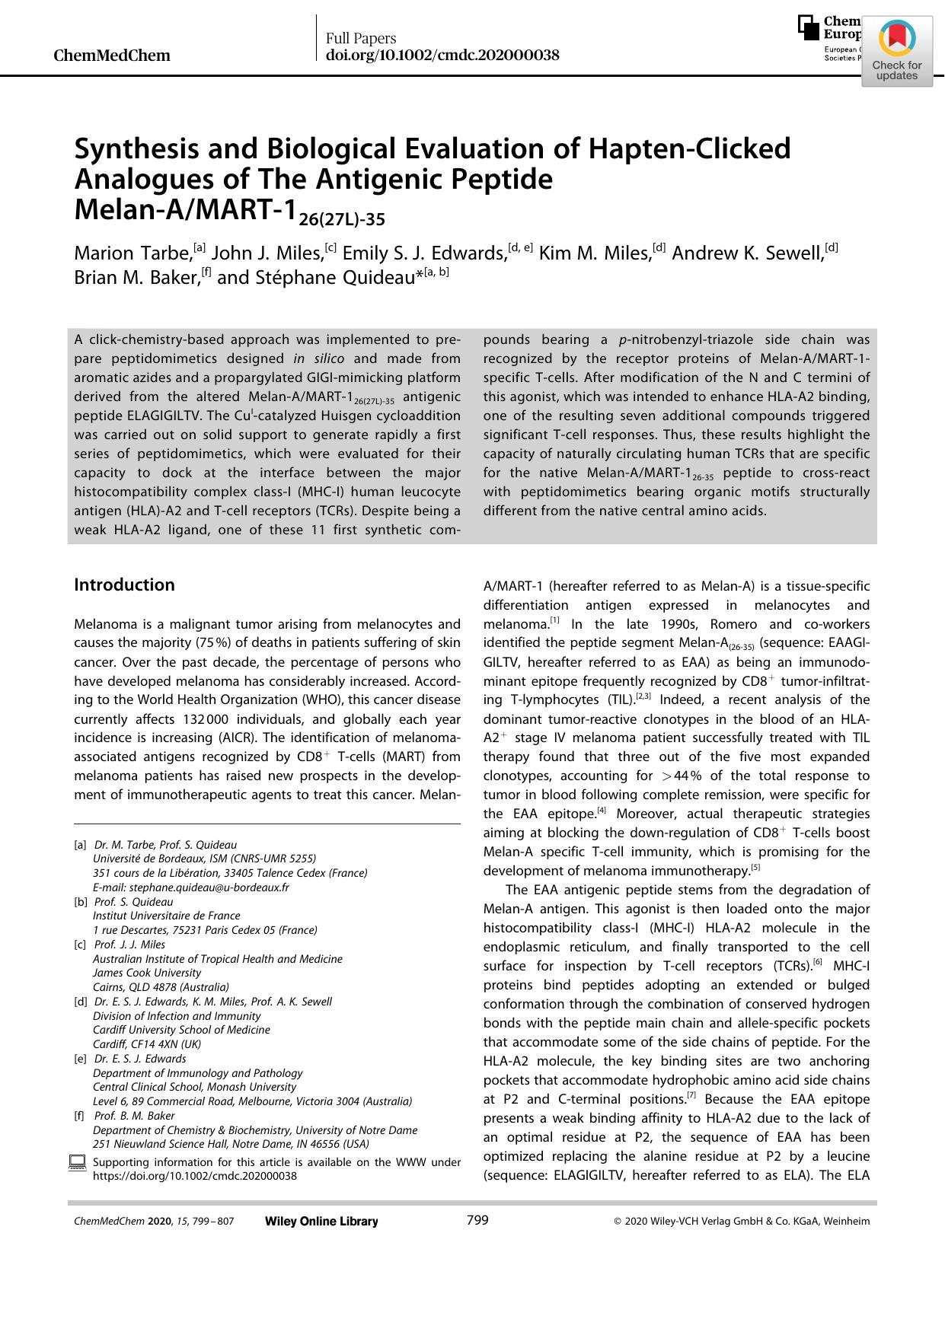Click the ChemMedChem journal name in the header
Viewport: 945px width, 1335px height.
point(112,56)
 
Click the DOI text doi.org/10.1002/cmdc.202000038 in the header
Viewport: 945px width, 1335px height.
point(442,56)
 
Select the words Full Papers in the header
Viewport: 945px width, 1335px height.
point(361,39)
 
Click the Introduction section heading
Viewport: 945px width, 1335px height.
point(124,585)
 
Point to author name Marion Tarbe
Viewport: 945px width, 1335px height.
point(132,253)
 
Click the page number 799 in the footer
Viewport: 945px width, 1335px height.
point(477,1221)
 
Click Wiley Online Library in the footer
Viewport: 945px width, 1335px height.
point(321,1222)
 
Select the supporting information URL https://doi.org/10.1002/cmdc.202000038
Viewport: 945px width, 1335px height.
point(194,1176)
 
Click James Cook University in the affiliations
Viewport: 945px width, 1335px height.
point(147,973)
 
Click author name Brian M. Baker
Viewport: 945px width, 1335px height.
point(135,277)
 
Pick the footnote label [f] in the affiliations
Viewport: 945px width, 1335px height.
point(79,1116)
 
